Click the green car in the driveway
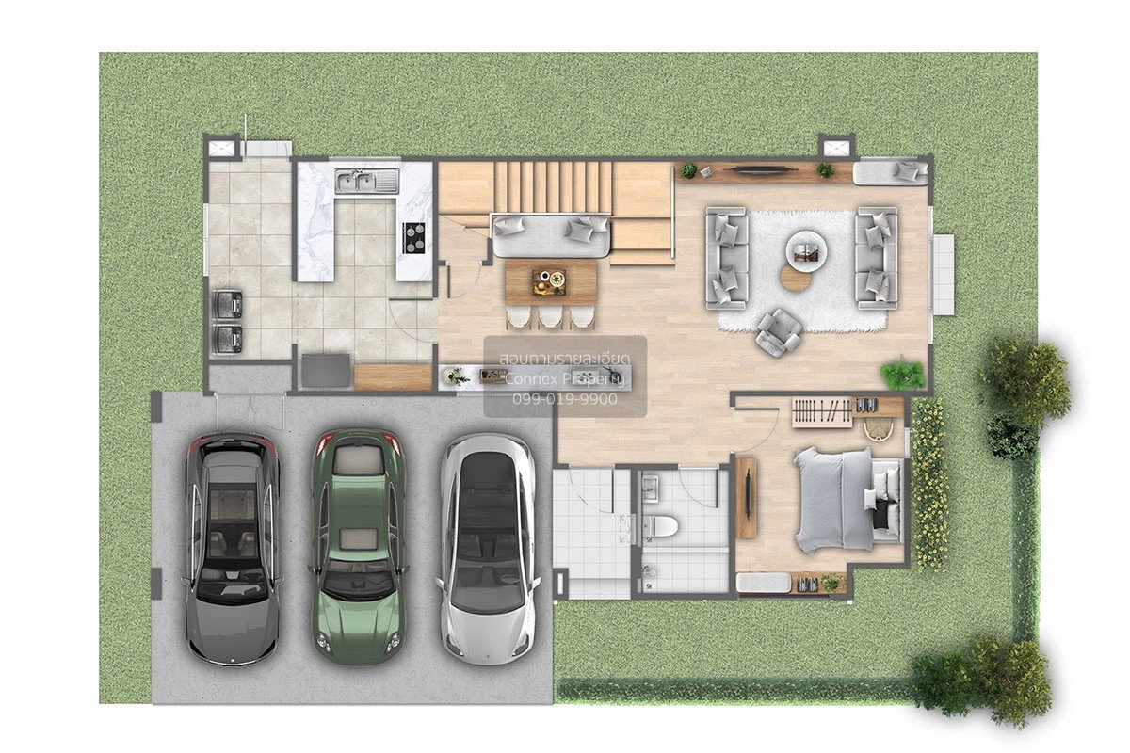358,546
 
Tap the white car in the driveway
488,549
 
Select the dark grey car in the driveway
232,549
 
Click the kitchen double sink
366,181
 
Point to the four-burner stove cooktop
413,237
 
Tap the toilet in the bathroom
660,526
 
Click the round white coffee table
806,251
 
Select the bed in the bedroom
847,499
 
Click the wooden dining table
551,282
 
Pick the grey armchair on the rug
779,332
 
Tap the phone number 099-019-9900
565,399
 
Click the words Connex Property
564,378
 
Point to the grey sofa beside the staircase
551,236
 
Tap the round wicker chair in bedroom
879,430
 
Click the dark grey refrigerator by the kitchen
326,371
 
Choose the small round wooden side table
796,279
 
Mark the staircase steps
553,186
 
